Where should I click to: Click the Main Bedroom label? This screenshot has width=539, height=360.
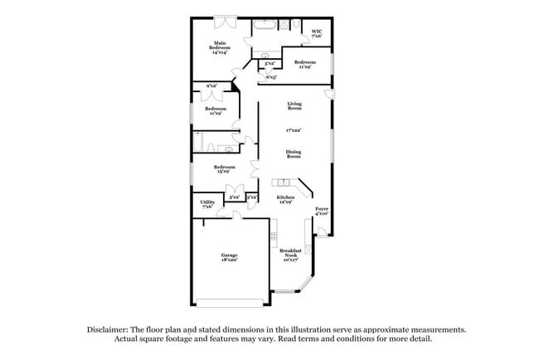220,47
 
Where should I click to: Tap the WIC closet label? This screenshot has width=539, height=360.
317,34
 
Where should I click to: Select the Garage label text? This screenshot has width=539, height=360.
229,257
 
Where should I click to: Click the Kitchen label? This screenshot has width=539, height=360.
285,199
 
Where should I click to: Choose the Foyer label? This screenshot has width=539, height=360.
322,211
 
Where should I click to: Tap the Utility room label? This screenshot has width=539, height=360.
207,204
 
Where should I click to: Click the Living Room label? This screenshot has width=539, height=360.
294,106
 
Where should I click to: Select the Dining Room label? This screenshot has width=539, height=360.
294,153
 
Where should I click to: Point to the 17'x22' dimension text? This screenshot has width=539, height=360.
294,130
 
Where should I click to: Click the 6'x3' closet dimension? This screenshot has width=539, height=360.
271,77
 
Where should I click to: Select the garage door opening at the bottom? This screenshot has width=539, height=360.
230,303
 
